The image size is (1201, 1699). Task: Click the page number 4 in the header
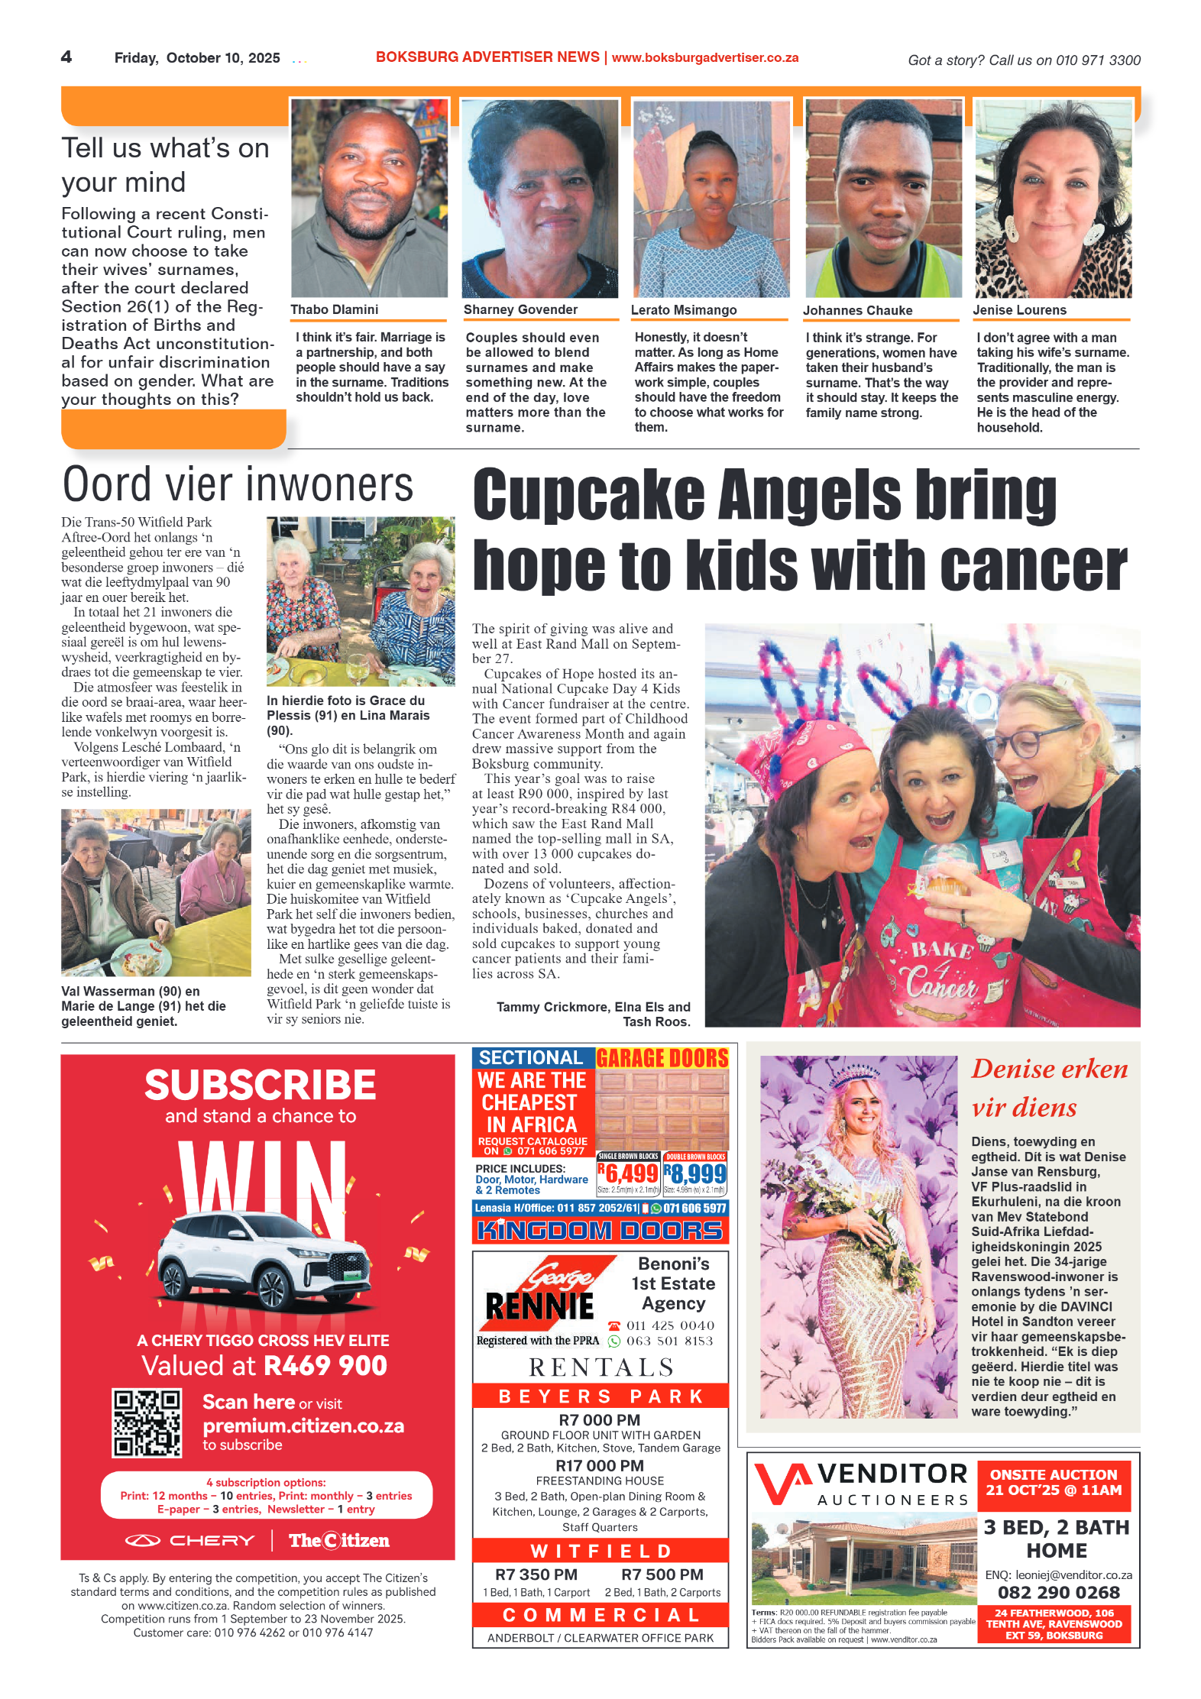(66, 57)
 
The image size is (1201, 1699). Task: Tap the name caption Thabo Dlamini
(334, 309)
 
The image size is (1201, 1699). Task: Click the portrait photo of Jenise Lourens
(1053, 199)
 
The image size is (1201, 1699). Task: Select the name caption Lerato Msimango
(683, 309)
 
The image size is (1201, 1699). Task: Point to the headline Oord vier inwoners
(238, 485)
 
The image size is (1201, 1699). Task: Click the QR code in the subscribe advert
(147, 1423)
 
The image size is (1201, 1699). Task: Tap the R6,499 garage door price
(628, 1173)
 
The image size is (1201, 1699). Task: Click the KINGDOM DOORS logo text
(600, 1231)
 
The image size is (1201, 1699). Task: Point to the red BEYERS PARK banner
(600, 1396)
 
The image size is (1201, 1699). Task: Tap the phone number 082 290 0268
(1058, 1593)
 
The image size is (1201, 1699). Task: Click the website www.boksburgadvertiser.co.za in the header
(704, 58)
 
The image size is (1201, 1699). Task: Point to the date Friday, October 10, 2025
(197, 58)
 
